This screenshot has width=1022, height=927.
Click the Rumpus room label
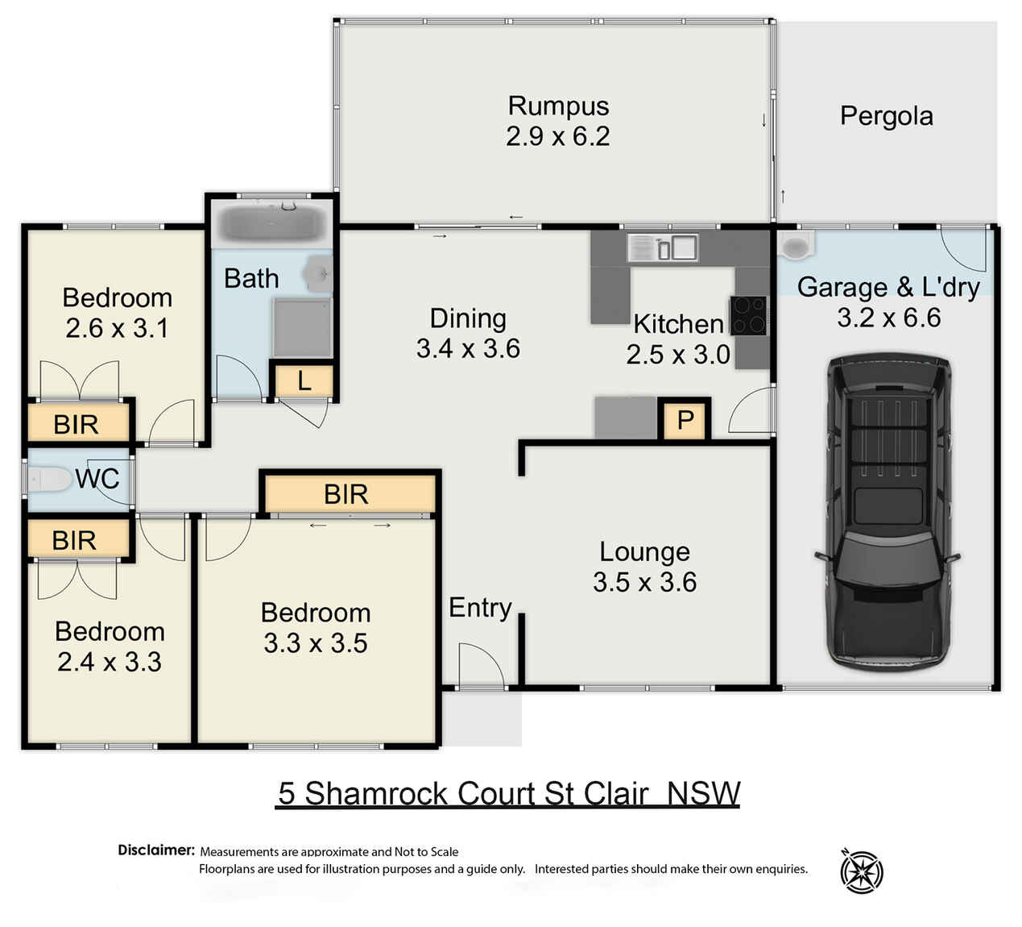(x=558, y=106)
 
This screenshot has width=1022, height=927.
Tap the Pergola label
(x=886, y=116)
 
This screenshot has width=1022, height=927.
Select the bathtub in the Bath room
(x=271, y=223)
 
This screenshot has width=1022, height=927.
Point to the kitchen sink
(x=662, y=247)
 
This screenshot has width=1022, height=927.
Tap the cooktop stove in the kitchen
(x=748, y=315)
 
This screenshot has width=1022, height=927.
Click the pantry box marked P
(x=685, y=420)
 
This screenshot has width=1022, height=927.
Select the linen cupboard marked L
(x=304, y=381)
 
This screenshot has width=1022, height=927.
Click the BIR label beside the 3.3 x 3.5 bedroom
(x=345, y=494)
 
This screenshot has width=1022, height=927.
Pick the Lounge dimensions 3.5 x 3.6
(x=644, y=582)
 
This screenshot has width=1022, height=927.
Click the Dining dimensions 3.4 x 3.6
(x=468, y=348)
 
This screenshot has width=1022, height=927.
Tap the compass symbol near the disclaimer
(x=861, y=871)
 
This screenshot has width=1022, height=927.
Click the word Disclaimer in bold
(x=155, y=850)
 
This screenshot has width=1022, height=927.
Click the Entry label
(x=480, y=608)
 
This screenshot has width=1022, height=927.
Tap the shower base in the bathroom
(x=302, y=327)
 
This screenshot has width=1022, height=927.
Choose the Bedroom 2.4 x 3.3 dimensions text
(x=110, y=662)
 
